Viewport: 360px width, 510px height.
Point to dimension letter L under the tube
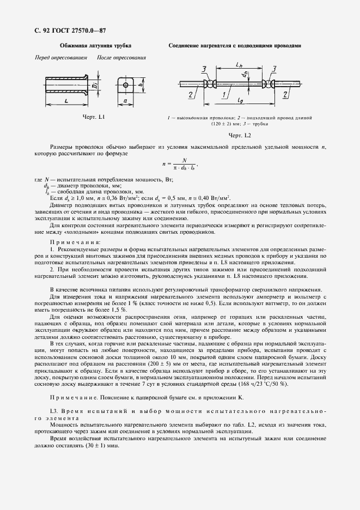(x=65, y=101)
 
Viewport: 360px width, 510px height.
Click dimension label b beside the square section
(x=141, y=86)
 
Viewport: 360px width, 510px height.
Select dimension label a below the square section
(x=125, y=101)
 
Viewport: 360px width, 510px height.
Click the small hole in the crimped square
(x=125, y=84)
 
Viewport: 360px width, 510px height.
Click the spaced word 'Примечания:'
(x=75, y=241)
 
